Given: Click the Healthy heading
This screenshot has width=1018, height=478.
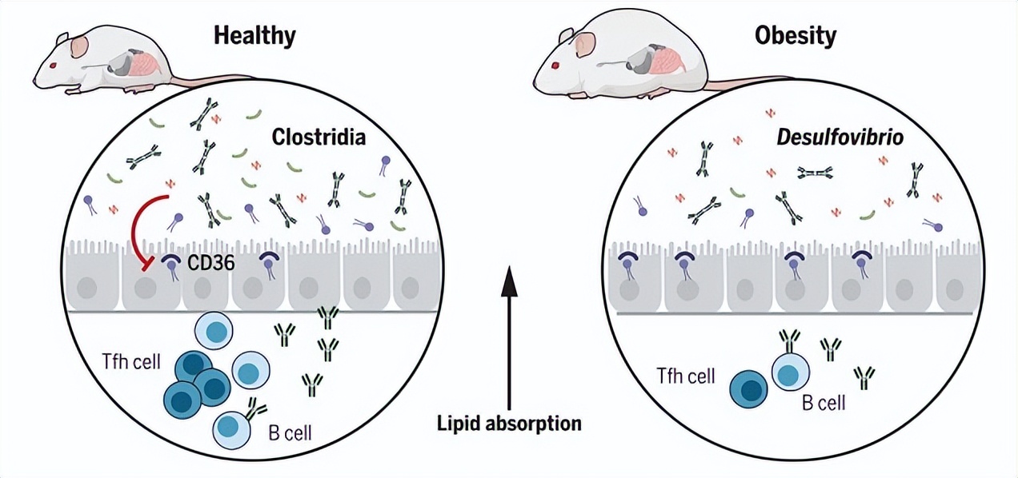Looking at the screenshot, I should point(254,36).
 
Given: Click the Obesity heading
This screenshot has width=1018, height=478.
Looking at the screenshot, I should point(796,36).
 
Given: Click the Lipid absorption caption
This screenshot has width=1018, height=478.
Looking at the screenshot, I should point(509,423).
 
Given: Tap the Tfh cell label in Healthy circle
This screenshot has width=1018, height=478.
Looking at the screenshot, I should point(131,361).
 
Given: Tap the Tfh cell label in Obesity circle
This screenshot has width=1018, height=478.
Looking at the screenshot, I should point(686,376).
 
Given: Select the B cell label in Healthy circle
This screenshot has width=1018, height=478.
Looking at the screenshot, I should point(290,434).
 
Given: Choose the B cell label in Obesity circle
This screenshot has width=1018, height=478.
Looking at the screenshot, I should point(824,403).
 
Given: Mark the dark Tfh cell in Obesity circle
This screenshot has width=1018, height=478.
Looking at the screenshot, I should point(750,388).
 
